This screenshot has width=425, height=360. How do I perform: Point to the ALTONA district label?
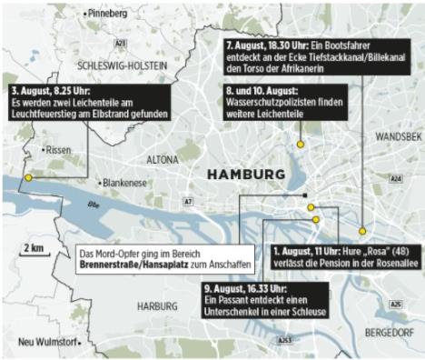click(162, 159)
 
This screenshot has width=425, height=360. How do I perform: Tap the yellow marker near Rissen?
click(28, 178)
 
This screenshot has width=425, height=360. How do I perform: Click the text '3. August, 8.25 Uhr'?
click(46, 92)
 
